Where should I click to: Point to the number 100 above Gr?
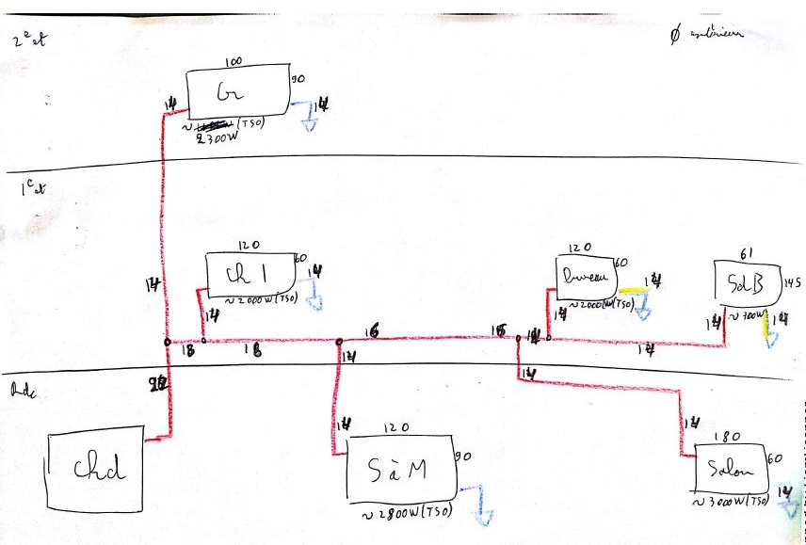click(x=234, y=62)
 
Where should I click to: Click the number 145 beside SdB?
click(x=792, y=281)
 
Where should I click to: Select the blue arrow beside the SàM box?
click(x=481, y=504)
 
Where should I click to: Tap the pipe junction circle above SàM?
click(x=338, y=342)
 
